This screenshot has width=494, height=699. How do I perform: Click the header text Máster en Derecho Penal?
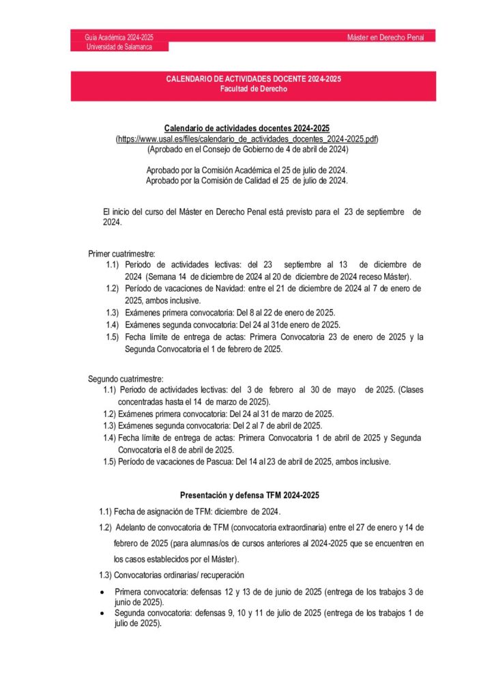386,37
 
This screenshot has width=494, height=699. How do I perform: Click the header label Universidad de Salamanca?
119,46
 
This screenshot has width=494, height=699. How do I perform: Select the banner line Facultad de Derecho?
253,89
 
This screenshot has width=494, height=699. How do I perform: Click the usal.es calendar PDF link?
247,139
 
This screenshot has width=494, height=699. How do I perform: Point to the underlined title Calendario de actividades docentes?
246,128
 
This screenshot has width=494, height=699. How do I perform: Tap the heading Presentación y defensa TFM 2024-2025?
249,494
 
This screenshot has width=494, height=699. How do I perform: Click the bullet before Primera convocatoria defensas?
102,592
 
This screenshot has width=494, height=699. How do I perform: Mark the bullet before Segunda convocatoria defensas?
102,613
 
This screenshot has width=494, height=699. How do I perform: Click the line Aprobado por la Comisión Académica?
246,169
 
